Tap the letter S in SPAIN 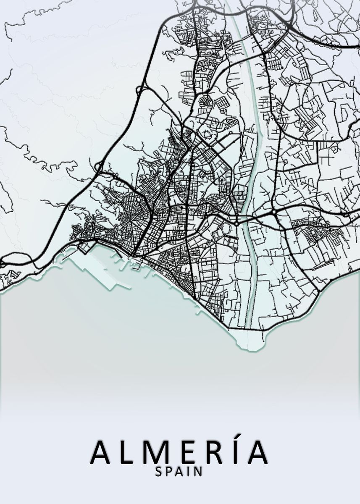[159, 472]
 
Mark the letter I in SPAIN [189, 472]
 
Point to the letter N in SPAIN [199, 472]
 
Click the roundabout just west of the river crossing [236, 219]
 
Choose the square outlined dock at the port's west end [84, 248]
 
